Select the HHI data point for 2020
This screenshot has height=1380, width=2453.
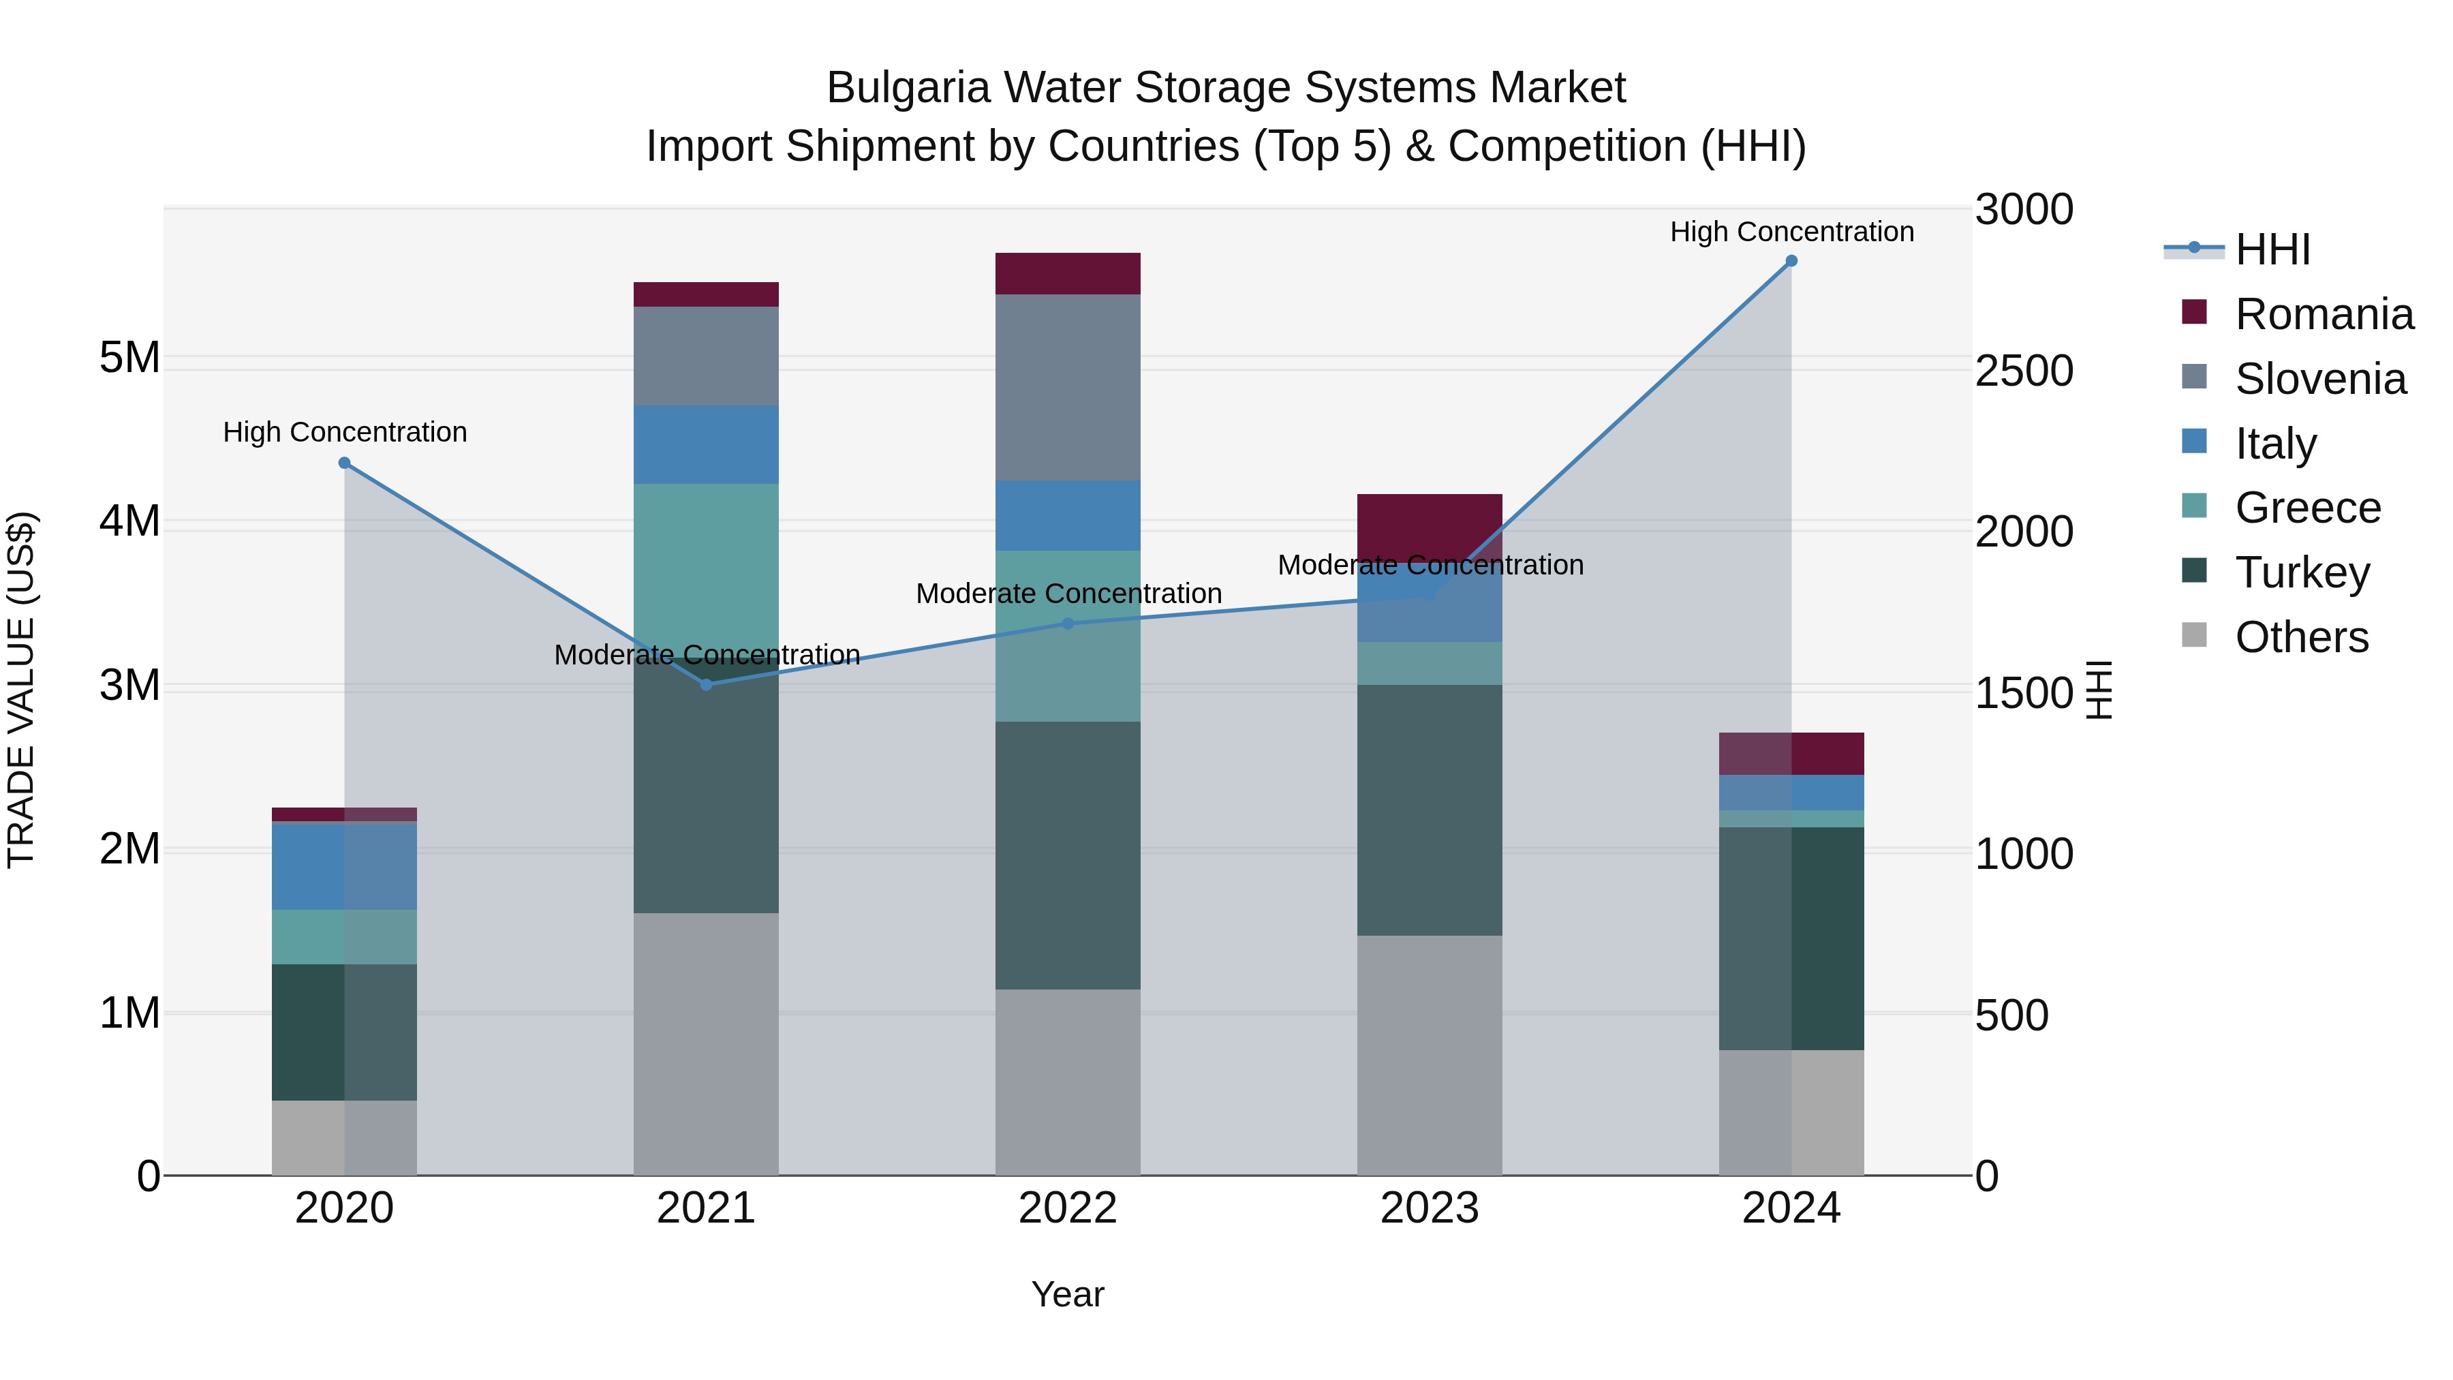coord(345,463)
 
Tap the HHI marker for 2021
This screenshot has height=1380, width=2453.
coord(706,685)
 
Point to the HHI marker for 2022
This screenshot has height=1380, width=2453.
coord(1068,624)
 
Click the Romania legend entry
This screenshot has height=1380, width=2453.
coord(2324,314)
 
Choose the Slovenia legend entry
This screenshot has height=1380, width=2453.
coord(2319,379)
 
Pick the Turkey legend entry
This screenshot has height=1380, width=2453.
coord(2302,572)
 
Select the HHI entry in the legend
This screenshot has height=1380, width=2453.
coord(2272,249)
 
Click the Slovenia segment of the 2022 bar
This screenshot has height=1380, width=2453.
coord(1068,388)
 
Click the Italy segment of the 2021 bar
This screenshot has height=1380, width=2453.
coord(706,445)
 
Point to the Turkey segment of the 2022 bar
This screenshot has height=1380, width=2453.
coord(1068,855)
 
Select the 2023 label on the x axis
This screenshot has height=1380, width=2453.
coord(1430,1208)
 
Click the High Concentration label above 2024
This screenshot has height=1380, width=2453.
coord(1791,232)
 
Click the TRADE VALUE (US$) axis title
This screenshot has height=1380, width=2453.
coord(21,690)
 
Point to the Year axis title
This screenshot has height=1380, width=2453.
coord(1068,1294)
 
